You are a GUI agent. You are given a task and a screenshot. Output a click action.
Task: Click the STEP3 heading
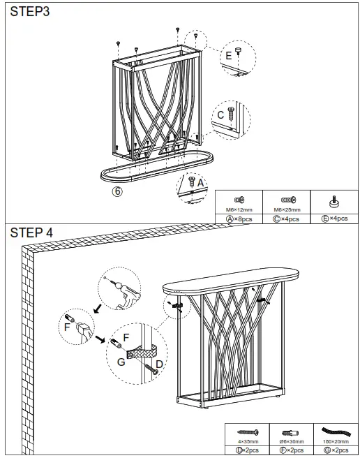coord(29,11)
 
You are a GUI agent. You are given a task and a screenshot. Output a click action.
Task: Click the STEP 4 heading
coord(31,232)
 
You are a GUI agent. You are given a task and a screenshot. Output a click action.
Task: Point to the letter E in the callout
coord(228,55)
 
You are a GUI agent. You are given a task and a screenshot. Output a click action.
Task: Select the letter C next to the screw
coord(220,114)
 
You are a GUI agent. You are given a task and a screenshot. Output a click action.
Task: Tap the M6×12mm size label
coord(239,209)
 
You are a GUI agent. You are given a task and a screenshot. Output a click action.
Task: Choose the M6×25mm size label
coord(287,209)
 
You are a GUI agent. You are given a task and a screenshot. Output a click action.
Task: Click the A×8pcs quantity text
coord(239,218)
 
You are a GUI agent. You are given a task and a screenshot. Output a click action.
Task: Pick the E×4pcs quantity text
coord(334,218)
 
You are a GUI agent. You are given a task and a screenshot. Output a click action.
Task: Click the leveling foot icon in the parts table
coord(334,202)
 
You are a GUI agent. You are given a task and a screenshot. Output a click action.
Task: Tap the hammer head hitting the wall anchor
coord(84,327)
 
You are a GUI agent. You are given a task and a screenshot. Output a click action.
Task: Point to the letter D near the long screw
coord(159,364)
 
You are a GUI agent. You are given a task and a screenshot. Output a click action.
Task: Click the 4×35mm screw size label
coord(248,441)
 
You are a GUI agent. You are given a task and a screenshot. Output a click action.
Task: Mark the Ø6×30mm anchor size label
coord(291,441)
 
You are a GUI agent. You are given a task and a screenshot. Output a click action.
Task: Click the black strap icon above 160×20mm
coord(333,431)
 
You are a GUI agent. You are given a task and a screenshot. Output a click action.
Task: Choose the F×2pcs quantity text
coord(291,450)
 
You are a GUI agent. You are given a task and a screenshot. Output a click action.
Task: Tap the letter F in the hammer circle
coord(67,326)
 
